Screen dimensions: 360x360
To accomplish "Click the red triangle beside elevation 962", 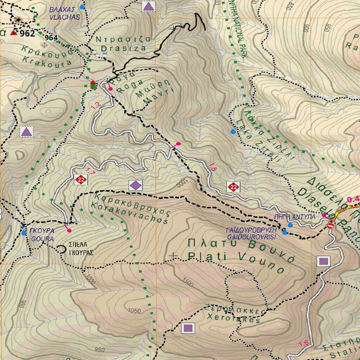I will click(14, 33).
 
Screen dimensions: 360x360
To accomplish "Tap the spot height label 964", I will click(51, 38).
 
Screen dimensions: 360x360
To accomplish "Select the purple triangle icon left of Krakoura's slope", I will click(26, 132).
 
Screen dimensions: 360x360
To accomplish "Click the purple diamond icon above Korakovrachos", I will click(135, 185).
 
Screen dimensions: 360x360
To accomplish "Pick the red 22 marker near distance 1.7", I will click(81, 180).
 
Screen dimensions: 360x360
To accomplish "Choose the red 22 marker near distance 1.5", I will click(233, 187).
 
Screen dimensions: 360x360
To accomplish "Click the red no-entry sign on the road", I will click(330, 226).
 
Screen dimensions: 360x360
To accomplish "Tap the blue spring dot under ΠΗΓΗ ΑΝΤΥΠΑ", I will click(290, 225).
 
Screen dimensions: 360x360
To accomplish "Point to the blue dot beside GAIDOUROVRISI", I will click(284, 232).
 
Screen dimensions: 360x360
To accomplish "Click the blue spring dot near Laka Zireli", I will click(232, 132).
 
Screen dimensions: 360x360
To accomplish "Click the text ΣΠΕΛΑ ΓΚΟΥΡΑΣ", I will click(81, 248).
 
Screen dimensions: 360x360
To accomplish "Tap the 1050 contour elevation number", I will click(134, 311).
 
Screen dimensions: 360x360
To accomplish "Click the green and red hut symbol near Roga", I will click(93, 84).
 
